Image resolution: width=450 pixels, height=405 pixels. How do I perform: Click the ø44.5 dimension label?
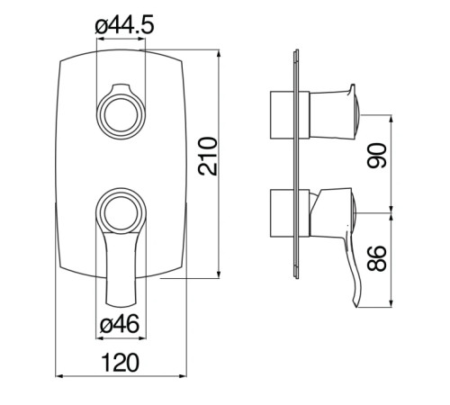coord(123,27)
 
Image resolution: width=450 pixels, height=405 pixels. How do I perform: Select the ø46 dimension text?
coord(119,325)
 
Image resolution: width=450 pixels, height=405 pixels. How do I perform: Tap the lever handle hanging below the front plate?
coord(120,270)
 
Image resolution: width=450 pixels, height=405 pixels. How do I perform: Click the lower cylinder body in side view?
coord(285,214)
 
